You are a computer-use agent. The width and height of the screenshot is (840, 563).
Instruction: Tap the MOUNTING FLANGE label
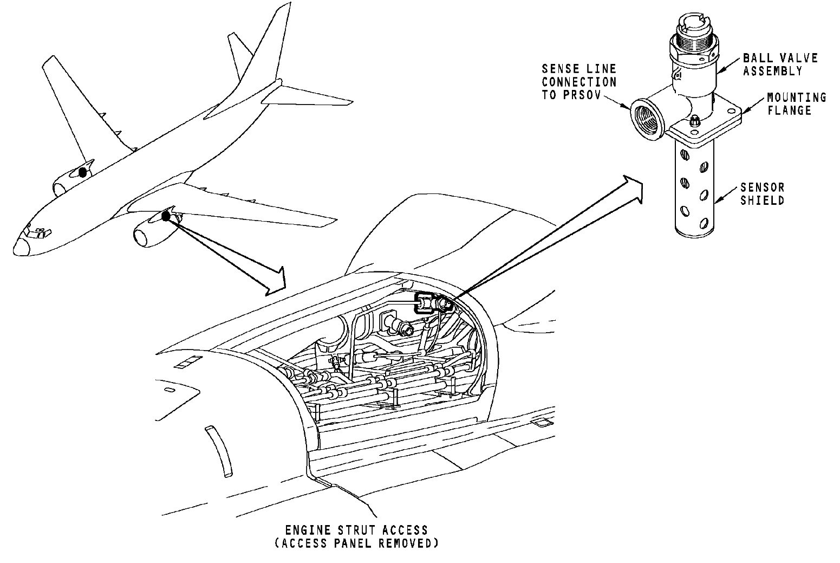click(x=796, y=103)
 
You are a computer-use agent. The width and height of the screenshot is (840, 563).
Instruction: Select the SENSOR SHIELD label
click(x=762, y=194)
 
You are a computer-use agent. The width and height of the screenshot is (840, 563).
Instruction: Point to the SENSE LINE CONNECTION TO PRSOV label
click(x=579, y=82)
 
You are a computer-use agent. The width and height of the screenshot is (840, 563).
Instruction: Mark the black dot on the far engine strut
click(x=82, y=172)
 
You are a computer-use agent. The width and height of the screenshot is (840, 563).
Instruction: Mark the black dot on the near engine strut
click(x=166, y=217)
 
